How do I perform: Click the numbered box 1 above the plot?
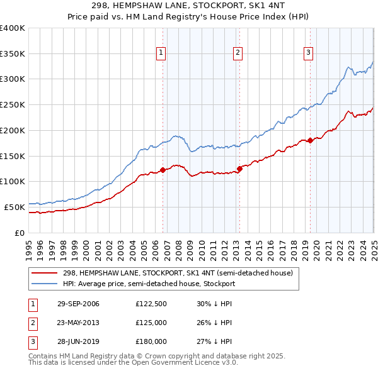(x=162, y=53)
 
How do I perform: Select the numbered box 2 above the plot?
(x=238, y=53)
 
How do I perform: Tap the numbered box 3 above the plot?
(x=309, y=53)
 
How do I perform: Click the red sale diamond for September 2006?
(x=163, y=169)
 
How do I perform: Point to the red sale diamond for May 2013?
(x=239, y=168)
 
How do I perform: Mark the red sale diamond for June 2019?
(x=310, y=140)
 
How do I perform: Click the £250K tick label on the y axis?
(x=12, y=105)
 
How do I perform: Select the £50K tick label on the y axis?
(x=14, y=207)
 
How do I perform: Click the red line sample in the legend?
(x=45, y=274)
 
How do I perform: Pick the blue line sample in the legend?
(x=45, y=284)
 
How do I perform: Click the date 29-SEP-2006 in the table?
(x=78, y=304)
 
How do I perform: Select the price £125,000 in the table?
(x=151, y=323)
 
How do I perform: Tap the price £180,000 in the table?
(x=151, y=342)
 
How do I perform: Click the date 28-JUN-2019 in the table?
(x=78, y=342)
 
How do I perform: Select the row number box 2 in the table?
(x=32, y=323)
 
